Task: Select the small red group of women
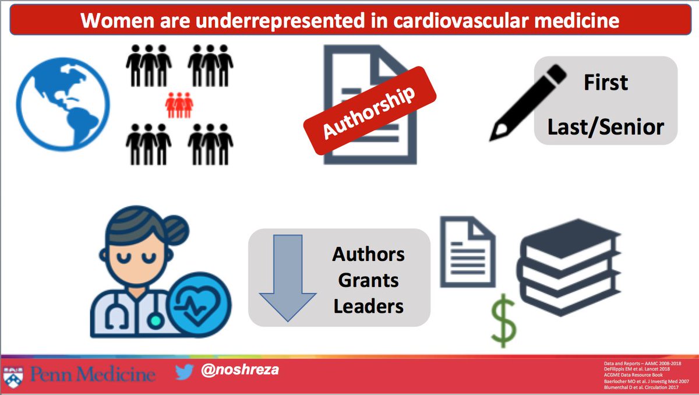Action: click(179, 106)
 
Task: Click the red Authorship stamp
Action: click(370, 111)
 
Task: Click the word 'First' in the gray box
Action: click(606, 83)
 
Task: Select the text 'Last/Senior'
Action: click(606, 126)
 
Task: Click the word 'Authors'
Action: click(369, 255)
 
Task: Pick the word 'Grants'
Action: click(369, 281)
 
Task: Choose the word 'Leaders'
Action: click(369, 306)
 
